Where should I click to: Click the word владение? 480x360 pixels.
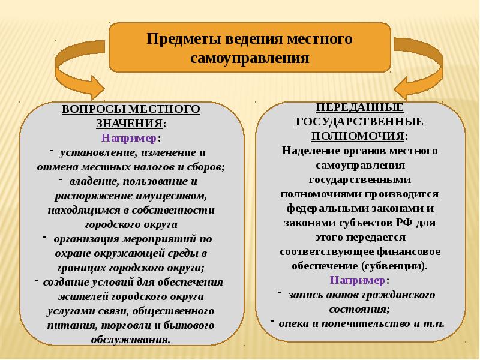[x=92, y=181]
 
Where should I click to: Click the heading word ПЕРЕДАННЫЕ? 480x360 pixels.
[x=359, y=108]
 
